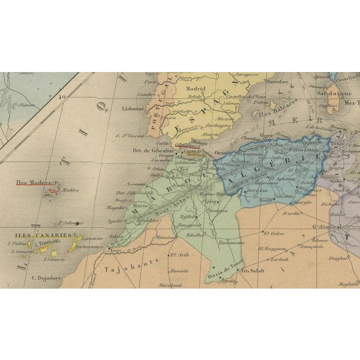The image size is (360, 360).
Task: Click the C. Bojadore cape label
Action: (x=45, y=277)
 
